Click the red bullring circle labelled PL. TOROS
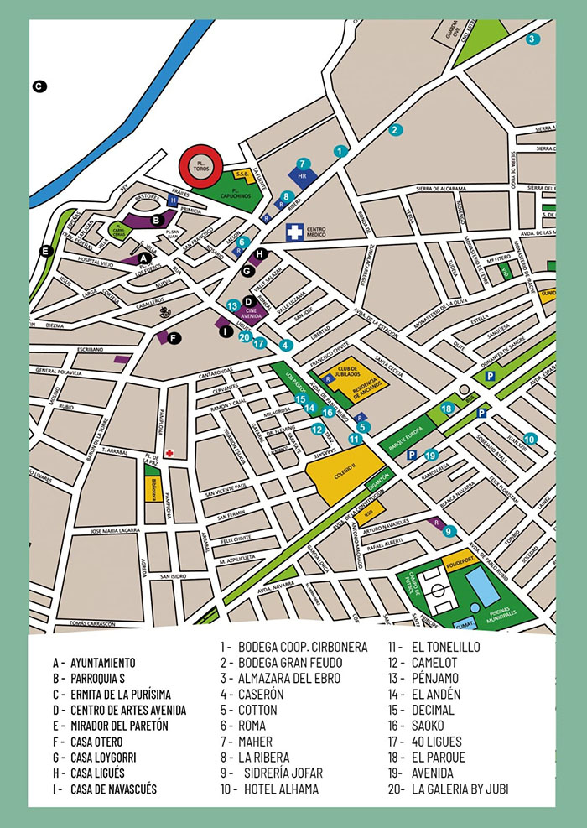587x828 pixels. click(200, 164)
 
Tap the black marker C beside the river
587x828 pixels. click(39, 85)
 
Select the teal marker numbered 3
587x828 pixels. click(532, 39)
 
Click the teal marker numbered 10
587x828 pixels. click(529, 438)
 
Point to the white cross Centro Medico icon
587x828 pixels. click(294, 231)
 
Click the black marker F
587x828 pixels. click(174, 338)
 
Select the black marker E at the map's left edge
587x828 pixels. click(46, 250)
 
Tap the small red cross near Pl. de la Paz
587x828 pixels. click(169, 453)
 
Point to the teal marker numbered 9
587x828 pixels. click(449, 530)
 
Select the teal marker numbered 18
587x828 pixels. click(448, 409)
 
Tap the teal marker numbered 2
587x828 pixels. click(397, 130)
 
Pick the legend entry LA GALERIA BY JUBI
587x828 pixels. click(460, 789)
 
